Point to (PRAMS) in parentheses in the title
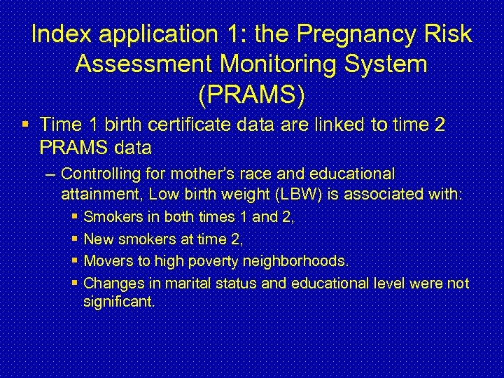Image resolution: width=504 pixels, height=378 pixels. [x=252, y=95]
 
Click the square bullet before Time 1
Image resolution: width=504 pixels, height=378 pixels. [x=25, y=125]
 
